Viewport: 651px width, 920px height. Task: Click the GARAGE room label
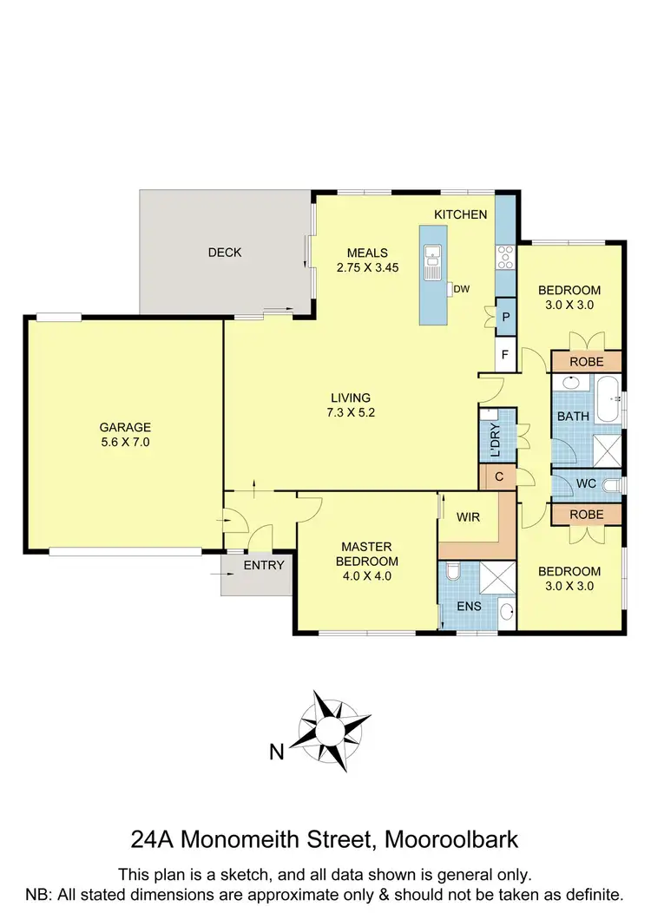pos(125,427)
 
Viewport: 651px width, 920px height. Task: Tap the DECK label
pos(225,253)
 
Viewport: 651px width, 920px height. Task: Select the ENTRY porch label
pos(263,565)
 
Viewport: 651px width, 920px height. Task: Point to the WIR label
pos(468,518)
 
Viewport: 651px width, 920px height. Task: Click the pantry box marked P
pos(506,318)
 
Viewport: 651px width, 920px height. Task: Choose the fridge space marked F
pos(506,355)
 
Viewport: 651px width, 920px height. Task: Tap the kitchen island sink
pos(432,260)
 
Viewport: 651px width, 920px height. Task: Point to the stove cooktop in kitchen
pos(505,256)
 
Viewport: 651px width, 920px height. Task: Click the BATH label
pos(573,417)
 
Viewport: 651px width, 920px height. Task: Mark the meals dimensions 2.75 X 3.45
pos(367,268)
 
